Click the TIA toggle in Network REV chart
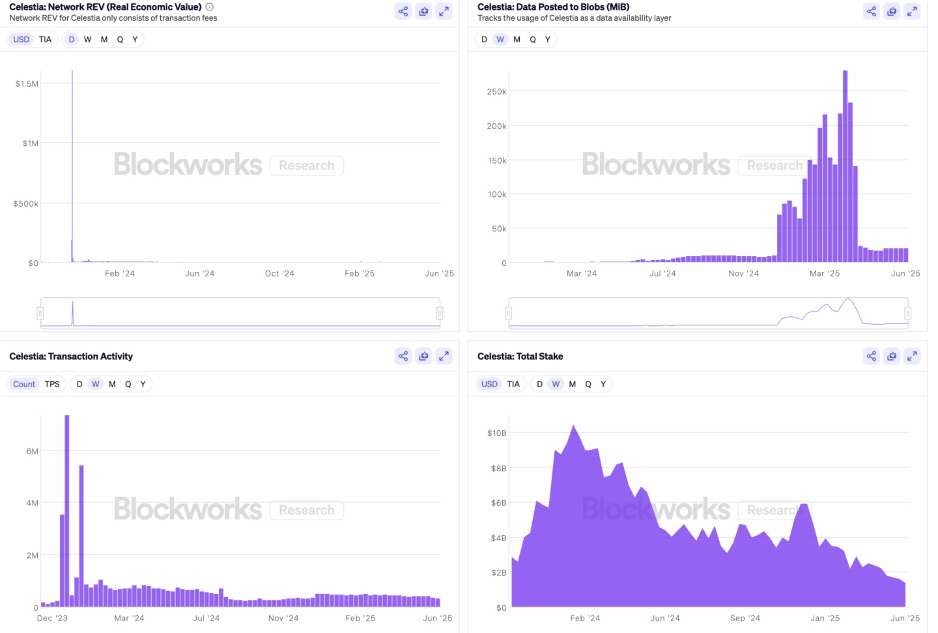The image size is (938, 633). tap(45, 39)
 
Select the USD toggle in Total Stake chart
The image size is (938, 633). tap(489, 384)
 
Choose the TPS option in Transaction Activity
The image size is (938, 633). tap(52, 384)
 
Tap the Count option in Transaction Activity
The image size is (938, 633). tap(24, 384)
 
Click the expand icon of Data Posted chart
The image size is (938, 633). tap(912, 11)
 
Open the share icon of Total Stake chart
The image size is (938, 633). tap(871, 356)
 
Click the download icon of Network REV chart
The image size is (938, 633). tap(423, 11)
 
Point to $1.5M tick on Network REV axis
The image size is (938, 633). tap(27, 83)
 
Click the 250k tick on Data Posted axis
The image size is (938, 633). tap(496, 92)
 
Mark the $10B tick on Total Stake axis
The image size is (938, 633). tap(496, 433)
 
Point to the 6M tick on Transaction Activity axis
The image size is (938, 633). tap(32, 451)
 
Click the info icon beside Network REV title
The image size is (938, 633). tap(209, 7)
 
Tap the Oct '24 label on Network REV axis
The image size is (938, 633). tap(279, 273)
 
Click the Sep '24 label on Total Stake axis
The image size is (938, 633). tap(745, 618)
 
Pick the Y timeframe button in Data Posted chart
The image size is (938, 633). tap(548, 39)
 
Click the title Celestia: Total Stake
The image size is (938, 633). tap(520, 356)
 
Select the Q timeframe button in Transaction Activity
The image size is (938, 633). tap(128, 384)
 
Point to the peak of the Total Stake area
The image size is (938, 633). tap(573, 426)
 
